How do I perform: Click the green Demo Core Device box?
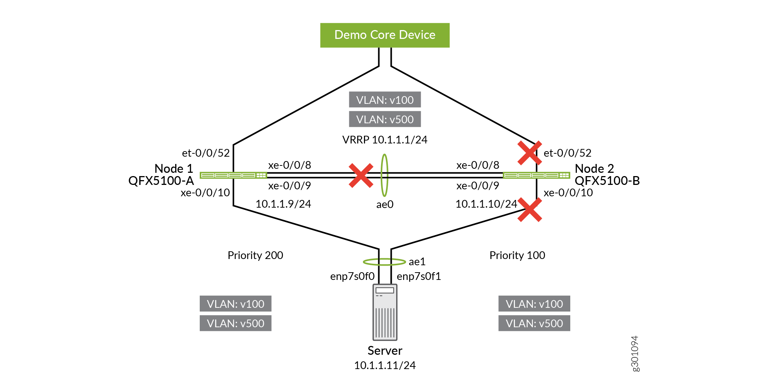pyautogui.click(x=385, y=35)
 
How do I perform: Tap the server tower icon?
pyautogui.click(x=385, y=312)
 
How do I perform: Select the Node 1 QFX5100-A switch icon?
pyautogui.click(x=233, y=175)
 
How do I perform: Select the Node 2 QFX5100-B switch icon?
pyautogui.click(x=537, y=175)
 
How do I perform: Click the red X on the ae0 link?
pyautogui.click(x=361, y=175)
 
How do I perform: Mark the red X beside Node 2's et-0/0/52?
pyautogui.click(x=530, y=153)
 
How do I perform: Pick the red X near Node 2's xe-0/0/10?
pyautogui.click(x=530, y=210)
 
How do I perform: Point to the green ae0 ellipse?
pyautogui.click(x=384, y=175)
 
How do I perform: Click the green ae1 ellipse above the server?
pyautogui.click(x=384, y=262)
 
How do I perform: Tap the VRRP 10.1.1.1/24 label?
pyautogui.click(x=385, y=140)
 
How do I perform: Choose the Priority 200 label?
pyautogui.click(x=255, y=255)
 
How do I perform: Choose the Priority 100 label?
pyautogui.click(x=517, y=255)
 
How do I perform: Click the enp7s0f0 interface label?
pyautogui.click(x=352, y=276)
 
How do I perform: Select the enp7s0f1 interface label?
pyautogui.click(x=419, y=276)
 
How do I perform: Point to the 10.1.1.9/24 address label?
pyautogui.click(x=283, y=204)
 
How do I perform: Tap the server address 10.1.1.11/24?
pyautogui.click(x=385, y=365)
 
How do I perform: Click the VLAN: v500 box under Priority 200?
pyautogui.click(x=235, y=323)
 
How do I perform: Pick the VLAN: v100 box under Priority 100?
pyautogui.click(x=534, y=304)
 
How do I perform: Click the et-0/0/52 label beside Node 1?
pyautogui.click(x=206, y=153)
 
